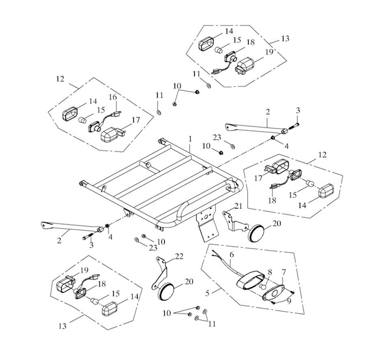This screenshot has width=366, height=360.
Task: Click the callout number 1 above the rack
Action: pyautogui.click(x=190, y=139)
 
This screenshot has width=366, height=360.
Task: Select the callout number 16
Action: pyautogui.click(x=113, y=97)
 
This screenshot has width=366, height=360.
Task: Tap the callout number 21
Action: pyautogui.click(x=238, y=206)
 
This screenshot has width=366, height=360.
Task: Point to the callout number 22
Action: pyautogui.click(x=179, y=256)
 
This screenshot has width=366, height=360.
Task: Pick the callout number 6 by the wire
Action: pyautogui.click(x=231, y=254)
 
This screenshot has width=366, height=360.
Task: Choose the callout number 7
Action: pyautogui.click(x=283, y=272)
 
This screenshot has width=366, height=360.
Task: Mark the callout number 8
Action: pyautogui.click(x=269, y=272)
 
